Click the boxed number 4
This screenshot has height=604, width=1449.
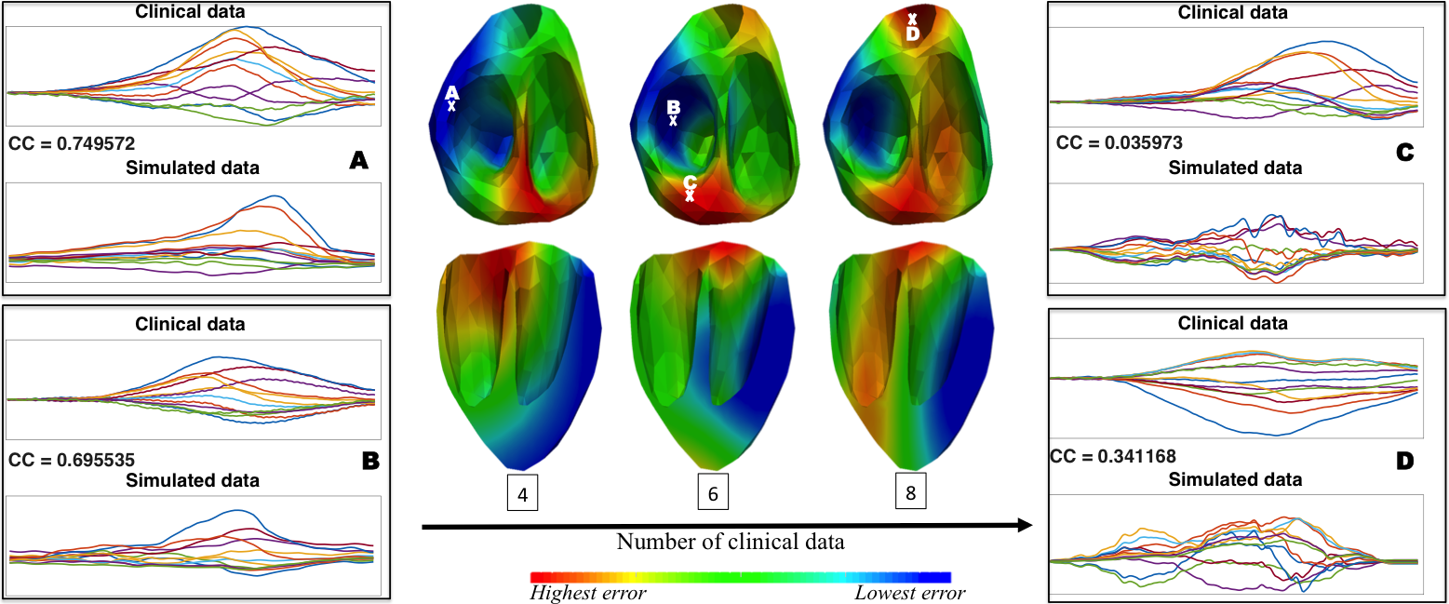tap(522, 494)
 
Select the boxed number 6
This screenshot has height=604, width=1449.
tap(713, 494)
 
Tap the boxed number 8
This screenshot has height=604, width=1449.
tap(910, 494)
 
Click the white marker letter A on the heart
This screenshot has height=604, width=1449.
tap(452, 93)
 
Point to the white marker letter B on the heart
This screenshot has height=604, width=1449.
tap(674, 107)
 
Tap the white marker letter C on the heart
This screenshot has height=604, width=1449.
tap(690, 182)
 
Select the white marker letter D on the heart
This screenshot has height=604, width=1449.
tap(913, 34)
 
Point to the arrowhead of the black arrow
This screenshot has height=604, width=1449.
tap(1026, 526)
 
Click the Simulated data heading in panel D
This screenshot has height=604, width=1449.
tap(1235, 479)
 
